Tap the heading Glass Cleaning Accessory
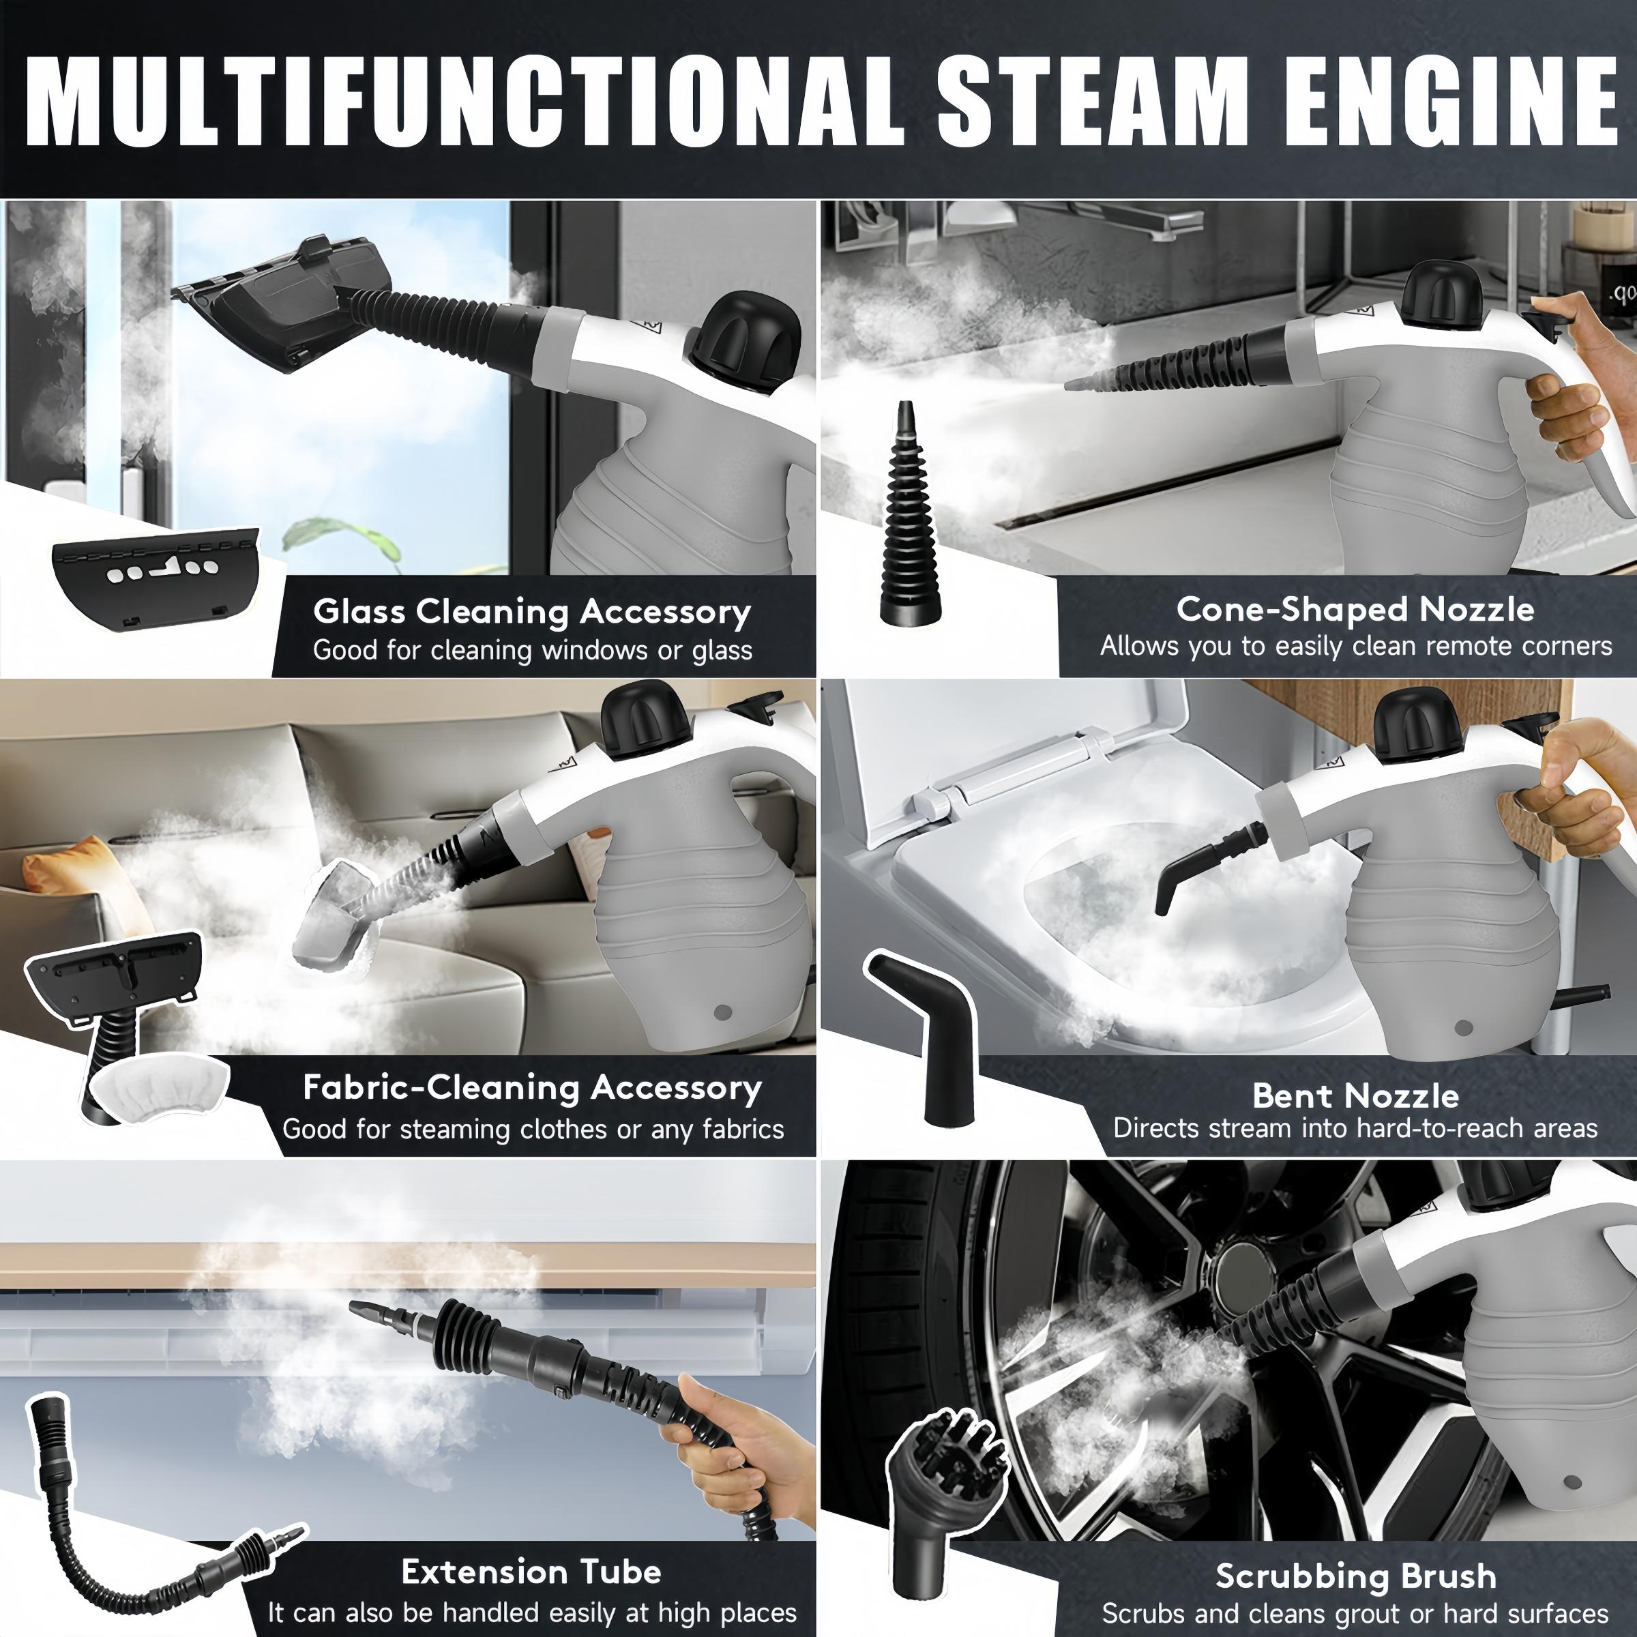(531, 611)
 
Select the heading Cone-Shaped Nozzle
(1355, 608)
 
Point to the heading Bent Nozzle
(1355, 1095)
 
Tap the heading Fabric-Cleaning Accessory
(531, 1087)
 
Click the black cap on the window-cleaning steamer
(744, 339)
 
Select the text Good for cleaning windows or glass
(532, 650)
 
